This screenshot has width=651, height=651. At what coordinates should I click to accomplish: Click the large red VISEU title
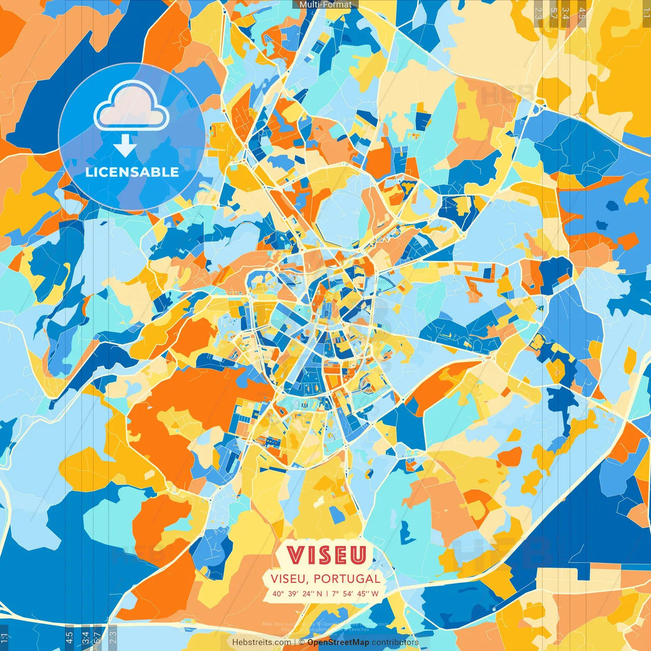[x=327, y=555]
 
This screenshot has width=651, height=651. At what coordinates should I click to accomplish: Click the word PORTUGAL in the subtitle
[x=347, y=579]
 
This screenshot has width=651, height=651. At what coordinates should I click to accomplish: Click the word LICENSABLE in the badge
[x=132, y=172]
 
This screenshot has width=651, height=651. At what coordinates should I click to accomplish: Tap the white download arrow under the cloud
[x=125, y=145]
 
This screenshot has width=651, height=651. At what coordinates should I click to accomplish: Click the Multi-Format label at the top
[x=325, y=5]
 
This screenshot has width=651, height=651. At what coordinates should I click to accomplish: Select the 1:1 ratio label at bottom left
[x=5, y=638]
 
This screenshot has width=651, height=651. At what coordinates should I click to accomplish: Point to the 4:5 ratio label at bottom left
[x=69, y=638]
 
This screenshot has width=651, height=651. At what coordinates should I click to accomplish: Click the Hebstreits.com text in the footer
[x=261, y=642]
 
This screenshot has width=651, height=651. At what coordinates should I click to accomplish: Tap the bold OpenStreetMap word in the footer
[x=338, y=642]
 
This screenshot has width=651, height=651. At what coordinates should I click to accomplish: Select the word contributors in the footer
[x=395, y=642]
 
